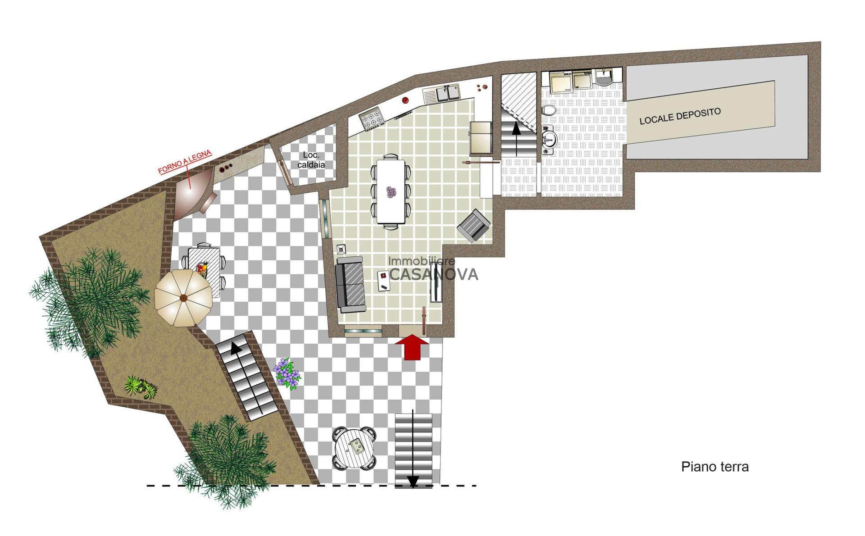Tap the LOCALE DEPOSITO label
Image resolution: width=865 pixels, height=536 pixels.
(x=680, y=116)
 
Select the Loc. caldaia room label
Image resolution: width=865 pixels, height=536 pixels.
(x=311, y=160)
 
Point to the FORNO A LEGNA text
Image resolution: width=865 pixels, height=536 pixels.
(x=185, y=162)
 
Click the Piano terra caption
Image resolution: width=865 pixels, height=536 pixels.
(x=715, y=467)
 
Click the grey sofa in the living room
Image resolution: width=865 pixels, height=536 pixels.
(x=351, y=285)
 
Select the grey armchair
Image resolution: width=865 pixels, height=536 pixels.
(x=474, y=226)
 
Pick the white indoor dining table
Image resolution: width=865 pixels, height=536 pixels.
(x=391, y=192)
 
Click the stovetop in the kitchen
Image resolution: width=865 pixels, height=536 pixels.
(x=372, y=118)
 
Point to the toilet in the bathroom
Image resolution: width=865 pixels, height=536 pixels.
(x=549, y=110)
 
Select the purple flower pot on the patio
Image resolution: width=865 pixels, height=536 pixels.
(x=287, y=373)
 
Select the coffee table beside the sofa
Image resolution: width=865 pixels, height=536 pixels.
(x=384, y=281)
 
